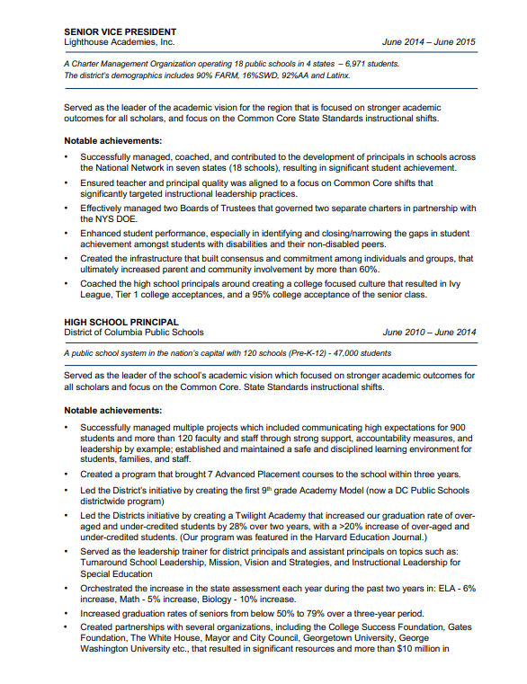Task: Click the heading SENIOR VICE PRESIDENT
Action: [x=121, y=31]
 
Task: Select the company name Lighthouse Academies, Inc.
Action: [x=120, y=42]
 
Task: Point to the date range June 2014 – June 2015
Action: [x=428, y=42]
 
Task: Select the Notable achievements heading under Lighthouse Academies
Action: [x=113, y=140]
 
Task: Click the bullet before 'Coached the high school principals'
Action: [x=67, y=283]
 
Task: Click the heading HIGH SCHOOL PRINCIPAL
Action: [x=121, y=321]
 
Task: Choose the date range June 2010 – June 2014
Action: [x=428, y=332]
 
